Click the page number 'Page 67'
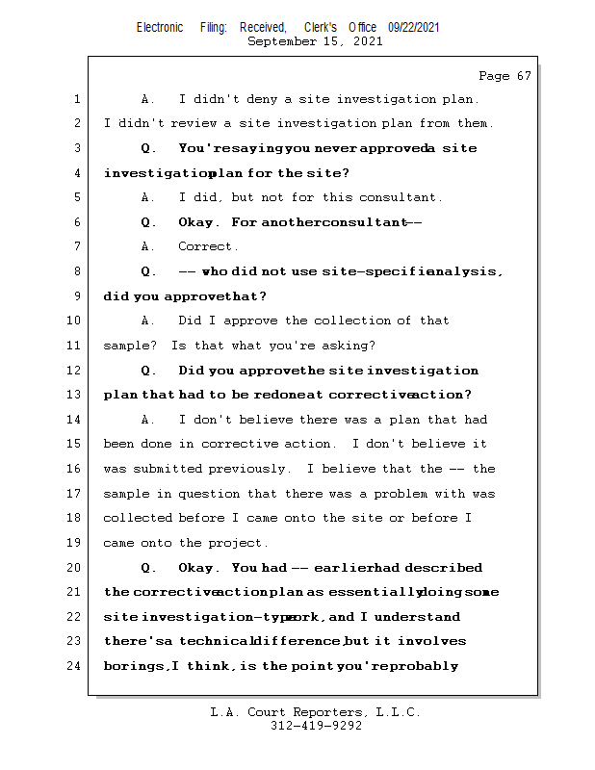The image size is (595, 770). (504, 76)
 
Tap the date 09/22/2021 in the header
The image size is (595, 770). (414, 28)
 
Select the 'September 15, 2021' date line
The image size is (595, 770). (315, 41)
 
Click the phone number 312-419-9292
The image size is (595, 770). (315, 726)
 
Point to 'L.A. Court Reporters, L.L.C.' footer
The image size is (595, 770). (315, 712)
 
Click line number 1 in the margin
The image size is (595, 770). (76, 99)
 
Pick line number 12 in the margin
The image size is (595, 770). (74, 371)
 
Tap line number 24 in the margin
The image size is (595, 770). (74, 666)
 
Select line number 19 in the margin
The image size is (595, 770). (74, 543)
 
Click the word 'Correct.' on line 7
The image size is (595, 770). (208, 246)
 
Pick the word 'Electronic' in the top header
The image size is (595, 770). (160, 28)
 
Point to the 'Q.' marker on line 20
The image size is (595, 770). (148, 568)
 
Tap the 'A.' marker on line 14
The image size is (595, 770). (147, 420)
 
